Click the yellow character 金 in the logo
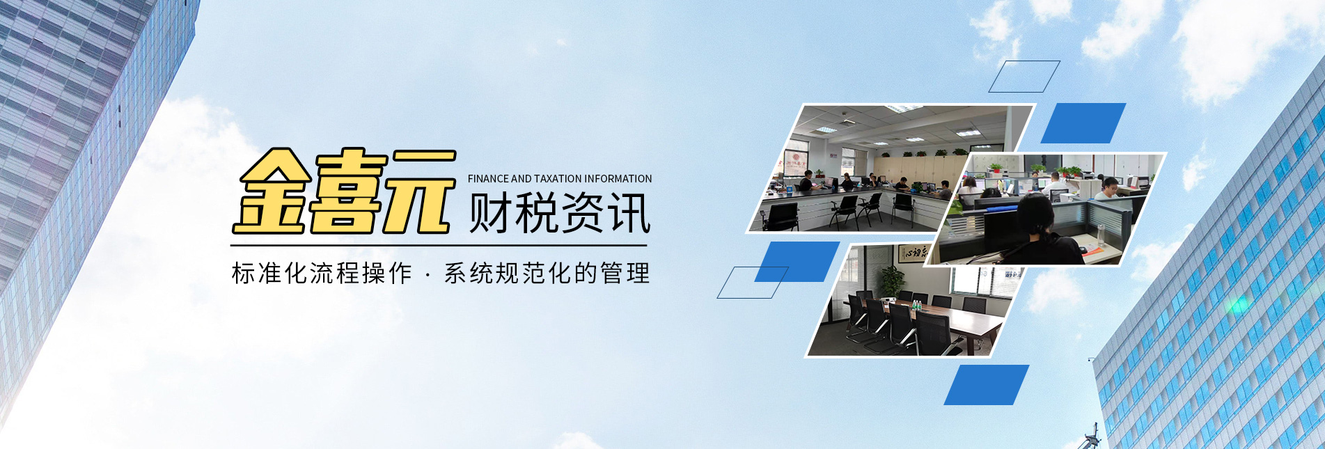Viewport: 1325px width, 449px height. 272,191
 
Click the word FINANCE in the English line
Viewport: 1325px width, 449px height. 488,179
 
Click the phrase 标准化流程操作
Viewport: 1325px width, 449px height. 322,274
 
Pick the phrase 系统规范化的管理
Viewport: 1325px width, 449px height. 547,274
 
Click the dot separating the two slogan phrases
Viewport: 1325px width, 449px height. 427,274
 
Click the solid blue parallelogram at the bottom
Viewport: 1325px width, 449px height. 986,384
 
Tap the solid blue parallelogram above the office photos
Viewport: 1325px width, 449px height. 1083,123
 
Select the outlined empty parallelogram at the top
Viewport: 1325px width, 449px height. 1024,77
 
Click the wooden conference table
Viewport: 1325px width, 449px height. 961,321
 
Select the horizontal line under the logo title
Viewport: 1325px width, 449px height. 439,245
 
